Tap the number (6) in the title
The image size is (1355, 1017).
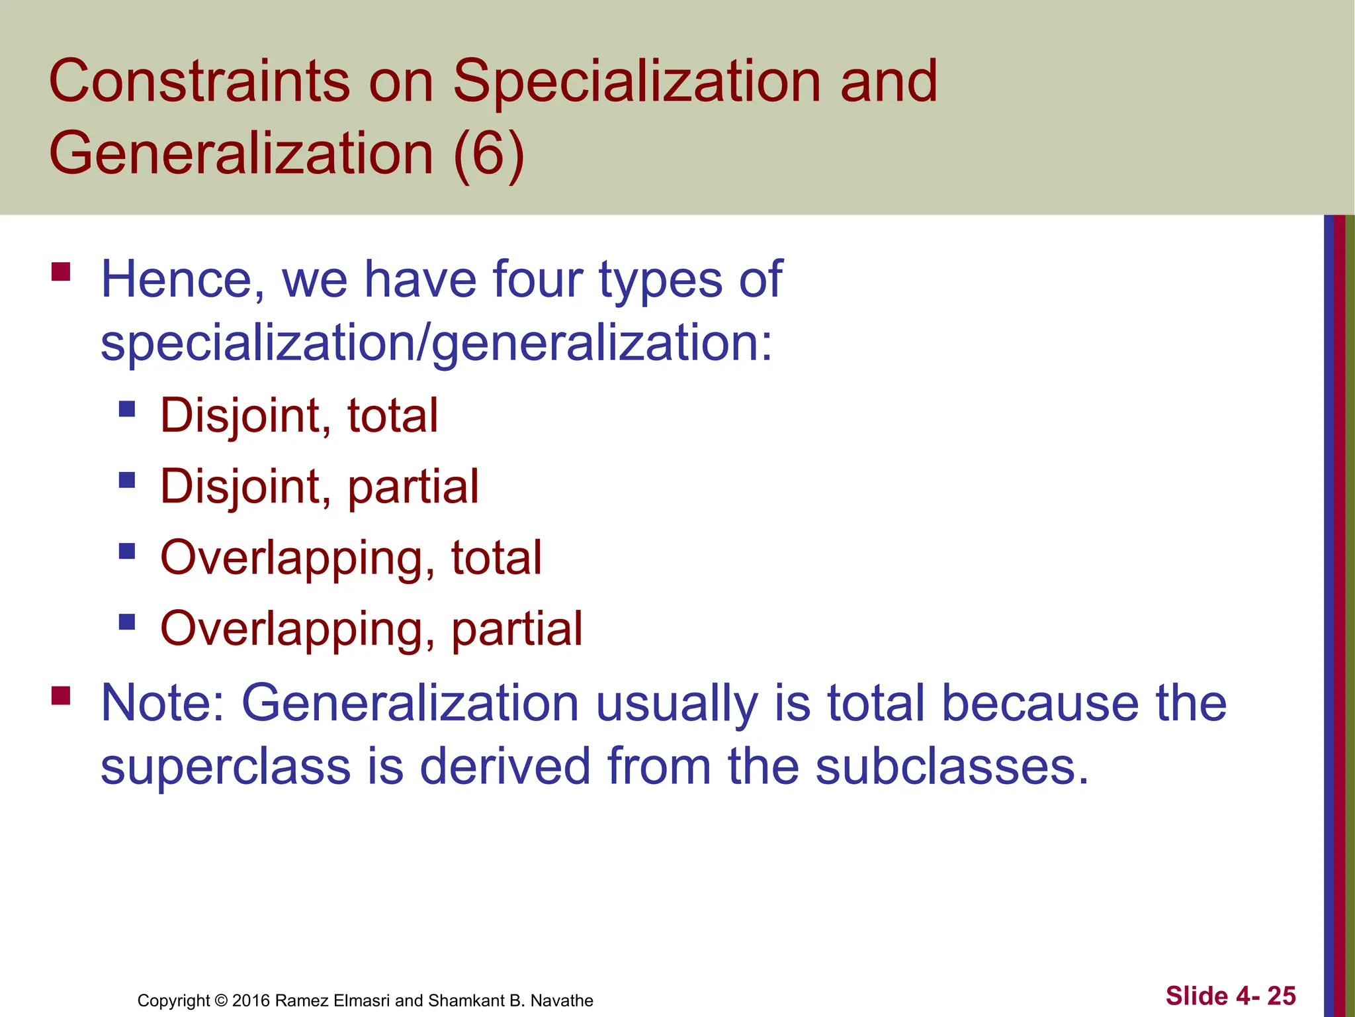(489, 154)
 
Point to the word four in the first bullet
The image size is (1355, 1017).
(537, 280)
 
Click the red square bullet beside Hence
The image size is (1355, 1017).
(61, 272)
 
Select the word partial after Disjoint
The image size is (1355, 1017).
(413, 487)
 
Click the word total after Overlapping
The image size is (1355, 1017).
(496, 558)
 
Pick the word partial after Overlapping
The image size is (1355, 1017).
(517, 629)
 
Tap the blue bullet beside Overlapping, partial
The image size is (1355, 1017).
(127, 621)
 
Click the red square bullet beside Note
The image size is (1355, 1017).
(61, 695)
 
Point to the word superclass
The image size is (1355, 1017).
(225, 767)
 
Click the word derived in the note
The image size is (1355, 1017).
(504, 767)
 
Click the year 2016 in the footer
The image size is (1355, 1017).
(251, 1000)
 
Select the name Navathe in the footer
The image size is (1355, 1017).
(562, 1000)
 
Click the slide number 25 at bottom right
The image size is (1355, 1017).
(1282, 996)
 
